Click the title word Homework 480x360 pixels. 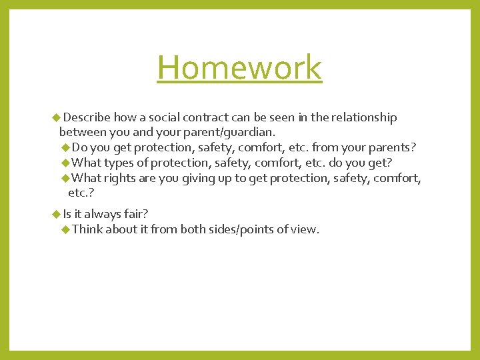point(239,67)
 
